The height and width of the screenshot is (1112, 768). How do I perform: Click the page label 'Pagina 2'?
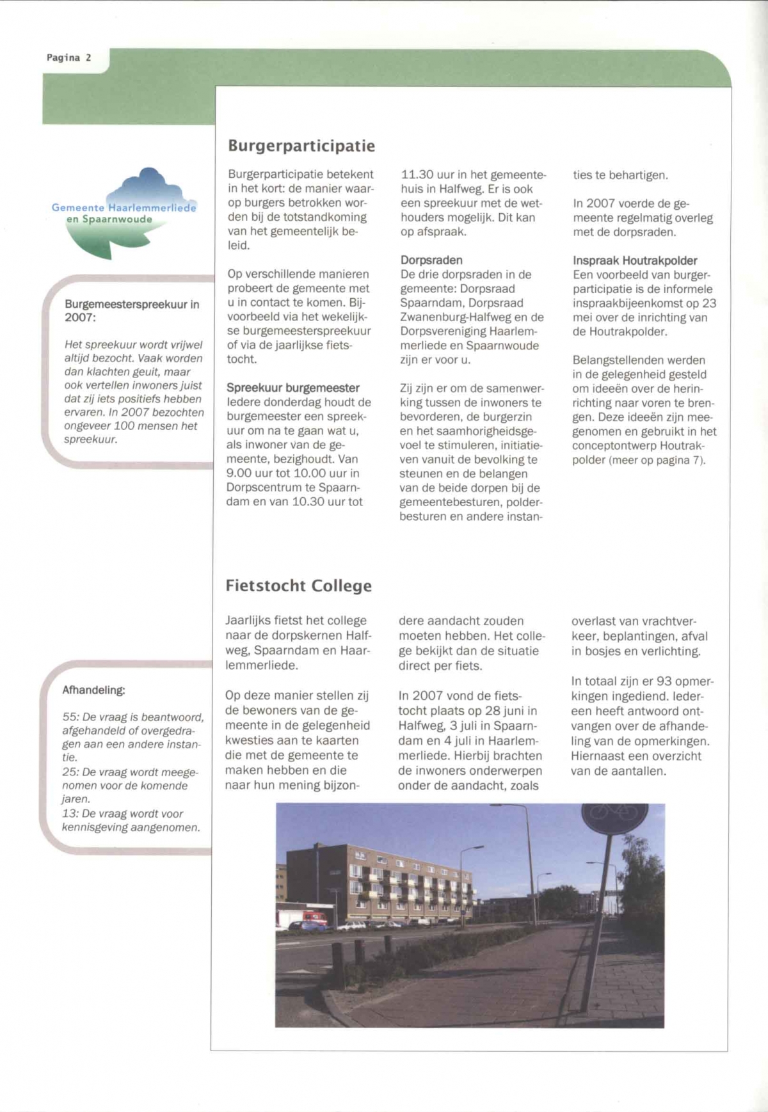[x=69, y=58]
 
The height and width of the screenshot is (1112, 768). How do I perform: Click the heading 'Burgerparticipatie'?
[x=301, y=146]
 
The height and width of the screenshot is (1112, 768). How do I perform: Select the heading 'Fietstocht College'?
[x=298, y=586]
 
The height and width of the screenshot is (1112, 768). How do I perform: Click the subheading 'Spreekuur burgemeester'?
[x=292, y=388]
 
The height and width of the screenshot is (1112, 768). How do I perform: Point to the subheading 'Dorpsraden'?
[x=431, y=260]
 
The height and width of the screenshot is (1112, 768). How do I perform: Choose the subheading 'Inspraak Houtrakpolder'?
[x=635, y=260]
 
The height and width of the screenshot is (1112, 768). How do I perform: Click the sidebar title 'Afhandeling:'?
[x=93, y=690]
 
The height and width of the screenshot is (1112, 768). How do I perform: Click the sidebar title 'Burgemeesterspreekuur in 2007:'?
[x=131, y=311]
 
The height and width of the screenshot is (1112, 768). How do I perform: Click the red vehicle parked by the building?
[x=314, y=919]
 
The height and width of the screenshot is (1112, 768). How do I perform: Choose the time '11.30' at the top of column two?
[x=417, y=175]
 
